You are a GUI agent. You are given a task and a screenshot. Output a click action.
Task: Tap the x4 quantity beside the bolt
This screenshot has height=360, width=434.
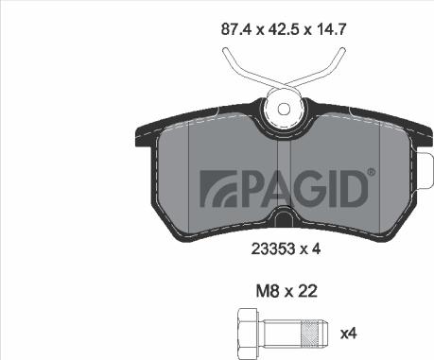point(350,332)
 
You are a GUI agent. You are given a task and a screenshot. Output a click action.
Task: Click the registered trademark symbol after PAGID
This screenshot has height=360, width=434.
point(371,172)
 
